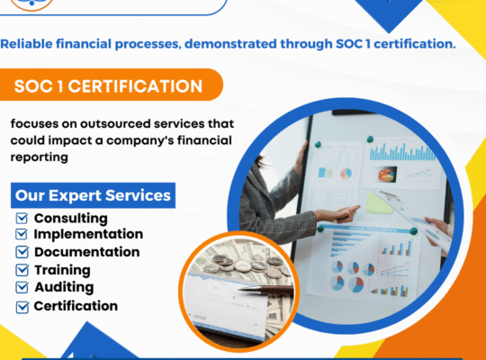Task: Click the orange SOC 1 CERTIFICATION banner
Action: coord(108,87)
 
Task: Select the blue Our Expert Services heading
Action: coord(92,195)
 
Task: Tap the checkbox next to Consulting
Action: coord(22,219)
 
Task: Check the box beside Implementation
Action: coord(22,235)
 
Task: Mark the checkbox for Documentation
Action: coord(22,253)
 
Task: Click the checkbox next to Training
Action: coord(22,270)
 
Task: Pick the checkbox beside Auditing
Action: coord(22,288)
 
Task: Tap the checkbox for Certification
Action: coord(22,307)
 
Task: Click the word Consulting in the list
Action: coord(70,219)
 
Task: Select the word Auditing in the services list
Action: coord(63,288)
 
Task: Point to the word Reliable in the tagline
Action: coord(31,43)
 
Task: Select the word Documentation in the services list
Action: coord(86,253)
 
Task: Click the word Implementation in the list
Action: coord(88,235)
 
